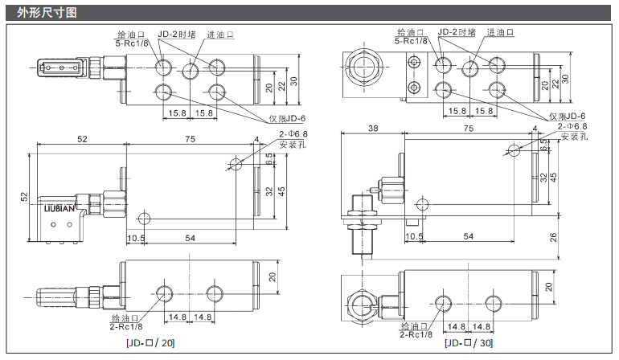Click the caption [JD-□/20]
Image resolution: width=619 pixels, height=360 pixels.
(x=150, y=342)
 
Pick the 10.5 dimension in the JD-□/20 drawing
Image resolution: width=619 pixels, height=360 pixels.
(x=136, y=238)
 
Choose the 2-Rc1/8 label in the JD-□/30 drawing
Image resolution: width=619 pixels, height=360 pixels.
(x=416, y=333)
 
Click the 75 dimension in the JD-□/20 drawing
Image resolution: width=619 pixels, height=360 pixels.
(x=190, y=139)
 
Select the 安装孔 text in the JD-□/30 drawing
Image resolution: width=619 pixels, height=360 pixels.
(x=575, y=136)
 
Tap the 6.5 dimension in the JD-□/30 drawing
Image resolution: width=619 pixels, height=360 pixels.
(x=543, y=147)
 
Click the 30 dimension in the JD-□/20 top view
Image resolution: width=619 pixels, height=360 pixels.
(x=293, y=80)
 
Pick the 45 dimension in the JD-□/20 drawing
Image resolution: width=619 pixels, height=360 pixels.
(x=281, y=191)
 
